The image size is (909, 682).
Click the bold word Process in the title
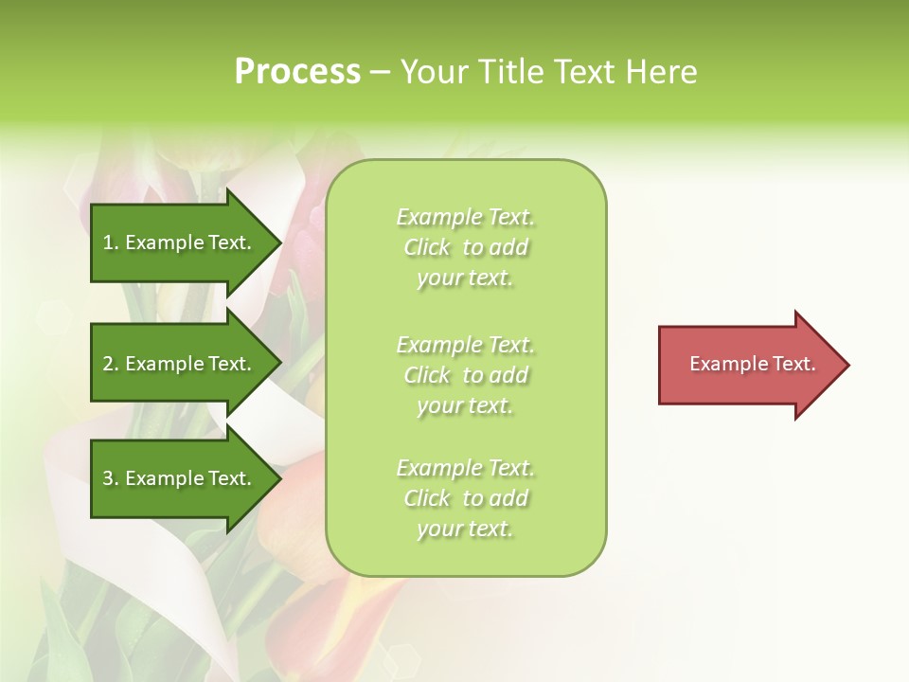click(297, 72)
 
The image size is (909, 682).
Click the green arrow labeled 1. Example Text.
click(180, 242)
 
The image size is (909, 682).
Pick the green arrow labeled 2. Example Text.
click(180, 364)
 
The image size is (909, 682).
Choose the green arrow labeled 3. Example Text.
click(180, 478)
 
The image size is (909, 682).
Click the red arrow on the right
click(748, 364)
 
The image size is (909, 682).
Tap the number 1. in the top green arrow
click(111, 242)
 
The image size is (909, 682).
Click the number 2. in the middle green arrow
click(111, 364)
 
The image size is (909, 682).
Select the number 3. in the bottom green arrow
click(111, 478)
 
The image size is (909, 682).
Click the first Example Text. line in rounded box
click(465, 217)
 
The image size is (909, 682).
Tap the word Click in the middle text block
click(427, 375)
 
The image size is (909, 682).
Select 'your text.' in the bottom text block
click(465, 529)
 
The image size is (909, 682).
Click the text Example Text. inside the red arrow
click(753, 364)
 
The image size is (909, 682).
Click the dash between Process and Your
click(379, 72)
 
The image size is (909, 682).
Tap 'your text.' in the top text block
click(465, 278)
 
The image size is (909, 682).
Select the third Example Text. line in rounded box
click(465, 468)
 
